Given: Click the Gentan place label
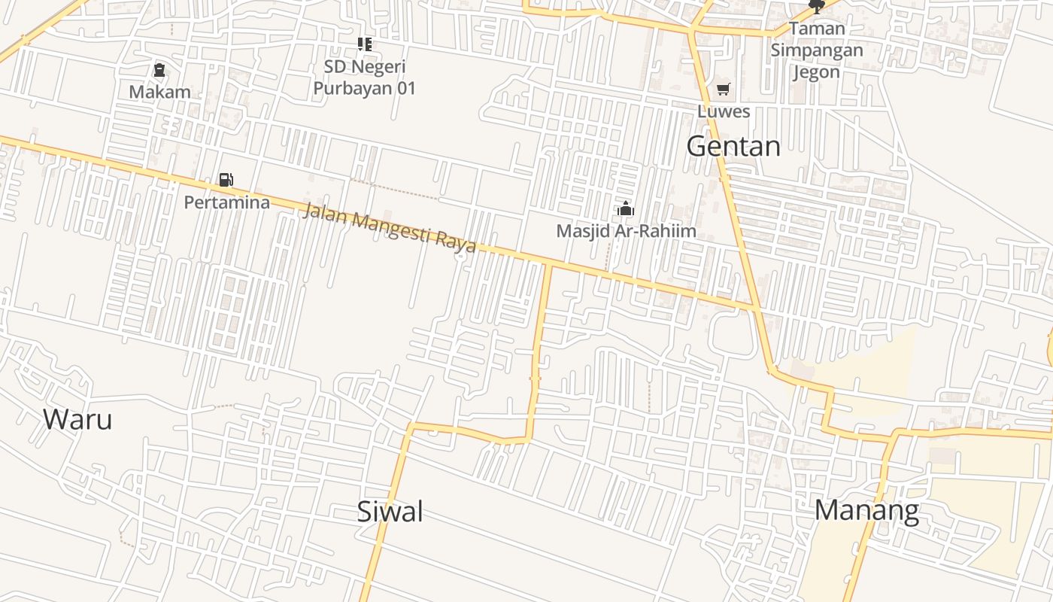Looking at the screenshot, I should pos(733,146).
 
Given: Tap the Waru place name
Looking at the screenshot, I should pos(77,419).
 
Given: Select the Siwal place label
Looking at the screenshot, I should pos(390,512).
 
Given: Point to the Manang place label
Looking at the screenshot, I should pos(866,510).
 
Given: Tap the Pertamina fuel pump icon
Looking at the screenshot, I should pos(226,180).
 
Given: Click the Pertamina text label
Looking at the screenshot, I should pos(227,202).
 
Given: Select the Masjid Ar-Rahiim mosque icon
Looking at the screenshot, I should pos(626,208).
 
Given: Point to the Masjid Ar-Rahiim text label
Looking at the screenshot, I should pos(626,231).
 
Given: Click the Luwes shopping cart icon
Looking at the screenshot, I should pos(724,90).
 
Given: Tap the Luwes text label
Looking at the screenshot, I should pos(724,111).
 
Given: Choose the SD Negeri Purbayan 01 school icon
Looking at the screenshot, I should pos(365,44).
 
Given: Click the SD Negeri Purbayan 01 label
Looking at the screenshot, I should pos(365,78).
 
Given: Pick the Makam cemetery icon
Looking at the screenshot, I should pos(159,70).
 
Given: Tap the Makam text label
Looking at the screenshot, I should pos(159,93).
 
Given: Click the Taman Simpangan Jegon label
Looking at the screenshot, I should pos(816,50).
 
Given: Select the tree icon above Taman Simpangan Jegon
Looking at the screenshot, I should pos(816,7).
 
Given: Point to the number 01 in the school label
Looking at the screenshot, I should pos(405,88).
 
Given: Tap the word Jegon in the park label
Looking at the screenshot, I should pos(816,72).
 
